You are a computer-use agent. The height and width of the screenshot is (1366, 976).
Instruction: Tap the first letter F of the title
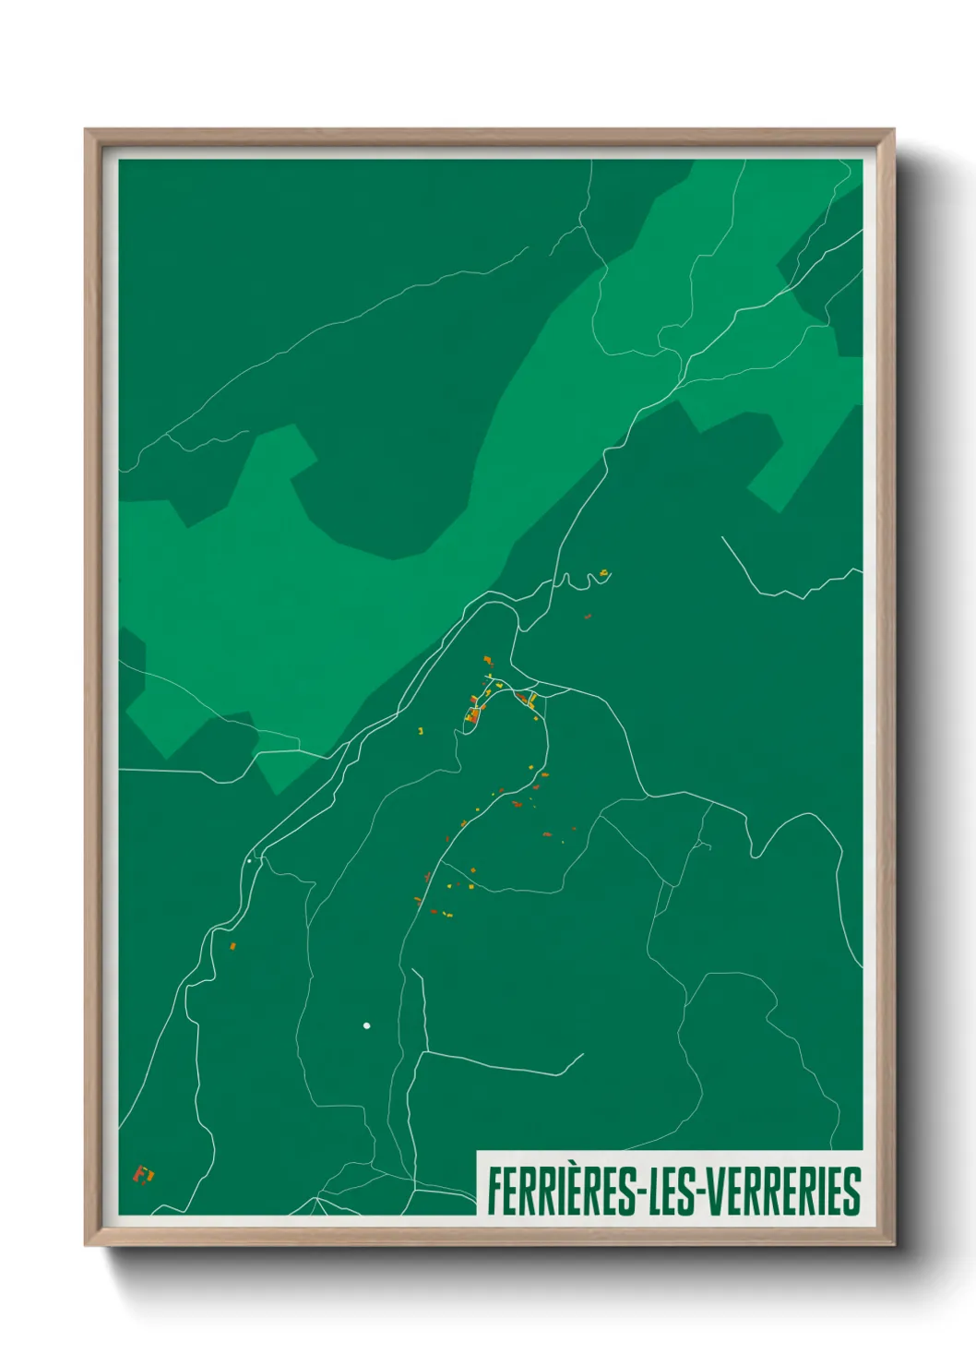click(x=495, y=1192)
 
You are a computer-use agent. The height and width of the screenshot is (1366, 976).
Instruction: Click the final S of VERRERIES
click(x=852, y=1192)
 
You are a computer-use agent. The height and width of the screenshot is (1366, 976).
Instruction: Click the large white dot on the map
click(x=366, y=1025)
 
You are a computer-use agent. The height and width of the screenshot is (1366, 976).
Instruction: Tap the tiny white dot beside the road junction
click(x=249, y=861)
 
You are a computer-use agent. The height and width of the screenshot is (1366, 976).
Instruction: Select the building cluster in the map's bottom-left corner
click(x=143, y=1174)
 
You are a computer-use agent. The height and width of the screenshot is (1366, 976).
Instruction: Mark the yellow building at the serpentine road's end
click(x=603, y=573)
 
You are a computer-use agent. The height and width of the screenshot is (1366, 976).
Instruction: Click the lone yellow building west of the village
click(x=421, y=731)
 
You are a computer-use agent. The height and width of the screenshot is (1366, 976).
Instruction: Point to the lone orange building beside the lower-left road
click(x=232, y=946)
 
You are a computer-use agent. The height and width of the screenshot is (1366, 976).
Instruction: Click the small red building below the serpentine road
click(x=588, y=616)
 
